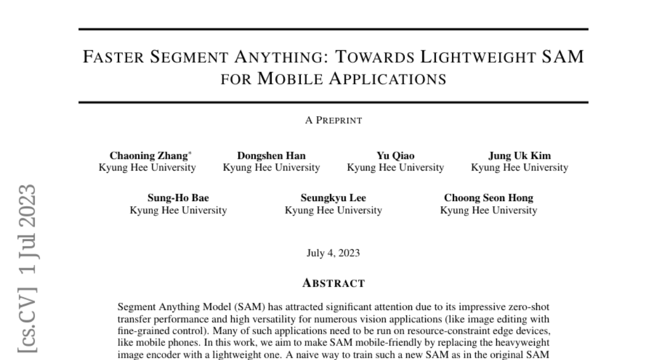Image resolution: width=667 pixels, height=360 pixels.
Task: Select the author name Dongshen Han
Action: tap(271, 156)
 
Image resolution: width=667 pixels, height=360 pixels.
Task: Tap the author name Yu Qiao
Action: tap(395, 156)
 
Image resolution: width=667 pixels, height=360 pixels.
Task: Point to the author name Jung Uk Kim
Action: tap(520, 156)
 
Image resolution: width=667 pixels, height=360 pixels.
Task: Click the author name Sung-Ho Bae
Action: tap(178, 198)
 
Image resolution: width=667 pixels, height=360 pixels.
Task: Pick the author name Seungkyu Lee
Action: tap(333, 198)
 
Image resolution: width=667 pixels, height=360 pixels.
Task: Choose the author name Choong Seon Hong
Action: tap(489, 198)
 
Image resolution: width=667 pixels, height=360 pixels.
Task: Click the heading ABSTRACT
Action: tap(333, 283)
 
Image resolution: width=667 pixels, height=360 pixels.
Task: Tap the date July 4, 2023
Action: tap(333, 253)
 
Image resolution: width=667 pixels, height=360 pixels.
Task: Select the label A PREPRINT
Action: tap(333, 120)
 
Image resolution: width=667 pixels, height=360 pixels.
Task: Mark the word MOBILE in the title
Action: tap(283, 79)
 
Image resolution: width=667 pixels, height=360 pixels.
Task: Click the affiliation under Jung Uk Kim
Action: tap(520, 167)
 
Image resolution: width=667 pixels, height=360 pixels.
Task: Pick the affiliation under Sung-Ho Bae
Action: tap(178, 211)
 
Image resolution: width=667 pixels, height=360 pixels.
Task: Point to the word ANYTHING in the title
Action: tap(289, 57)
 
